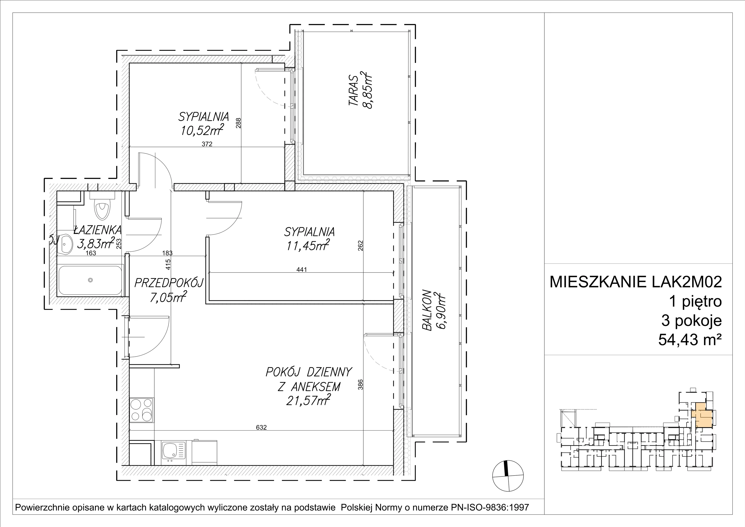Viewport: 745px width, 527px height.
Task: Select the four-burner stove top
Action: pos(142,410)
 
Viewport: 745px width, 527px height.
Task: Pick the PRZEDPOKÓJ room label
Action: pos(169,283)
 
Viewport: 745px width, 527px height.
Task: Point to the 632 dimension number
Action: pos(261,427)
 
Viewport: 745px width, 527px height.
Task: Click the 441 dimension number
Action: pos(301,269)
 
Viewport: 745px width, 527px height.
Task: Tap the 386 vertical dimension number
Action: pos(360,384)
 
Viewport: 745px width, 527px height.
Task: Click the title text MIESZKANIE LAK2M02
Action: pos(636,282)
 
